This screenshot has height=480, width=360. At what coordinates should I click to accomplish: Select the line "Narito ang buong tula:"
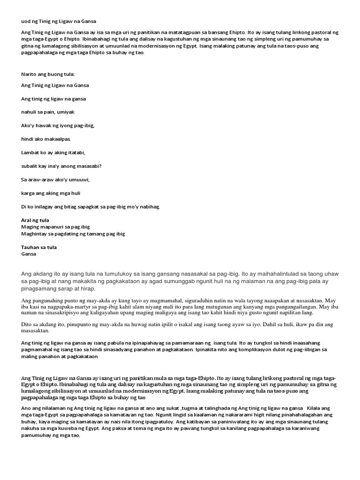48,74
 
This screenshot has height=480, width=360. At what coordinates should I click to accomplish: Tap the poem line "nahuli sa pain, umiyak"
48,112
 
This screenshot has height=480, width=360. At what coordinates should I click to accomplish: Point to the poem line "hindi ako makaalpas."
46,139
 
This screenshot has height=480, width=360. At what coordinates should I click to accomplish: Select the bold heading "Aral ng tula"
35,220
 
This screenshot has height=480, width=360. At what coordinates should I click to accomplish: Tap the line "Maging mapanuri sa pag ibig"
56,227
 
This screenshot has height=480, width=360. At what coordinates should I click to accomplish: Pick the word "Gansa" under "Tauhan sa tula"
29,254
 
